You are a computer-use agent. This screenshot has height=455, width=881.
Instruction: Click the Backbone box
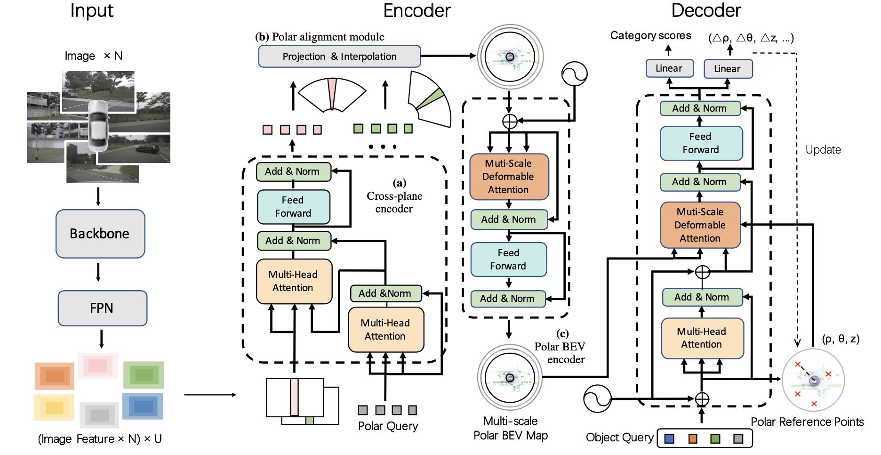pos(100,234)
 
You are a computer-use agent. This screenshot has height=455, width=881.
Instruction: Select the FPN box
pos(102,308)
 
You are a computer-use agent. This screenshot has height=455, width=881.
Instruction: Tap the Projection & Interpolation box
pos(339,57)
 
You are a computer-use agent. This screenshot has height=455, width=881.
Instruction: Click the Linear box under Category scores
pos(669,68)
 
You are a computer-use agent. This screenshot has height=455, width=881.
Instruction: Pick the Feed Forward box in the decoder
pos(701,143)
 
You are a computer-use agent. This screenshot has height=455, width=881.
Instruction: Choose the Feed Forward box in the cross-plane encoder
pos(293,207)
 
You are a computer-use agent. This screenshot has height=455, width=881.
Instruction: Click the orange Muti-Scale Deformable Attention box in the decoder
pos(700,225)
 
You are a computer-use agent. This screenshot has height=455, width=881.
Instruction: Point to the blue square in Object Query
pos(669,439)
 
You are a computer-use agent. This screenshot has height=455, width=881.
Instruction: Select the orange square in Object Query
pos(693,439)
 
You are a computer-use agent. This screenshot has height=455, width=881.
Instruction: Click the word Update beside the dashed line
pos(823,150)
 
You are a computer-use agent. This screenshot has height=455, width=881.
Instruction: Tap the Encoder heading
pos(416,11)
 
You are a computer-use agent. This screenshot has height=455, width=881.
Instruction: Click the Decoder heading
pos(706,11)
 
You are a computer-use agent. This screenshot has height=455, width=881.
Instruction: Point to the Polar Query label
pos(388,426)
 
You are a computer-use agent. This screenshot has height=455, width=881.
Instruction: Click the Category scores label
pos(650,36)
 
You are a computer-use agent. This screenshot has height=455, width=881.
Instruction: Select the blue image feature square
pos(143,406)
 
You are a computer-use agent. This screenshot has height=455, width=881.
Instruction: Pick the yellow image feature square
pos(54,407)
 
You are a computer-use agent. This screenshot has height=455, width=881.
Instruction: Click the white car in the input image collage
pos(99,125)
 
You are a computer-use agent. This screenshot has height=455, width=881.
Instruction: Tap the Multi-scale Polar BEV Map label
pos(511,428)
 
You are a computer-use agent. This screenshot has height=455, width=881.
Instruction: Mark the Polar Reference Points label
pos(807,422)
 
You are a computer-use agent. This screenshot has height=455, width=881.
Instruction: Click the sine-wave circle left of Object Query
pos(597,398)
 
